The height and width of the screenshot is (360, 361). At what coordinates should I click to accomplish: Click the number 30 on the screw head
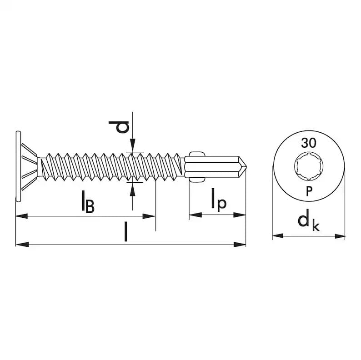click(309, 143)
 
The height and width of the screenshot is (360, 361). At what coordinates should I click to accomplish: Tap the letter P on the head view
click(309, 191)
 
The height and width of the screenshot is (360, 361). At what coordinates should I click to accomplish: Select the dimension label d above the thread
click(119, 127)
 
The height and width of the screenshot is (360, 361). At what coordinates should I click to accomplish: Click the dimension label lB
click(88, 201)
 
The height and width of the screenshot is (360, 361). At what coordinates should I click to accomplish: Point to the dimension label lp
click(219, 200)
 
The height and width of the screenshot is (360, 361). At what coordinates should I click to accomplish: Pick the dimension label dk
click(309, 222)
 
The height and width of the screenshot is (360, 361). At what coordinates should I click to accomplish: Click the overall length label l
click(125, 232)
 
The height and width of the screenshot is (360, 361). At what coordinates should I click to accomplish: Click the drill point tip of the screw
click(246, 165)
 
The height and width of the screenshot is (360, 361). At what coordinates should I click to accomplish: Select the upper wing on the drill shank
click(197, 154)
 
